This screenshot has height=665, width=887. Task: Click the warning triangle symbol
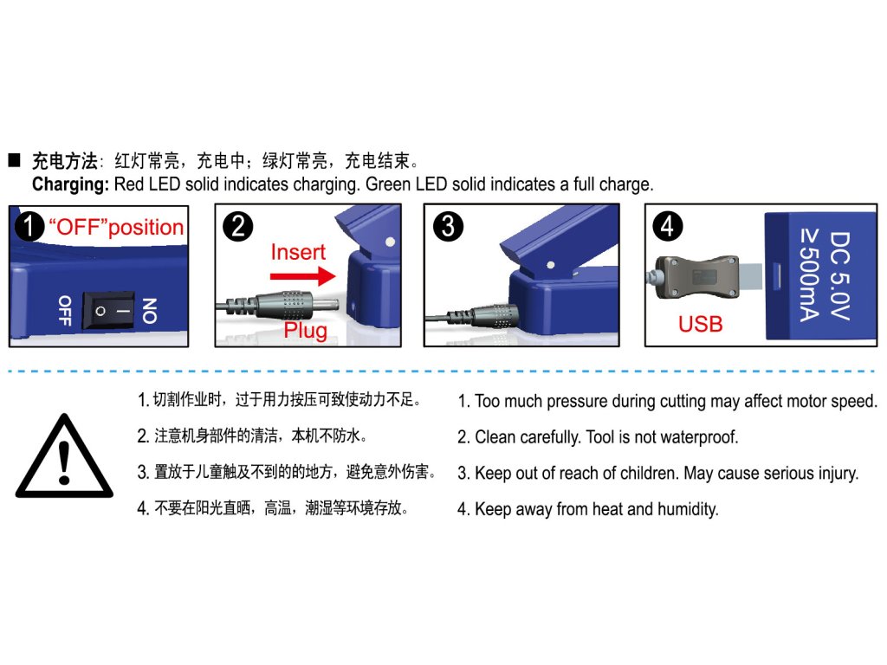coord(63,458)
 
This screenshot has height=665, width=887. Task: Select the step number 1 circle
coord(29,227)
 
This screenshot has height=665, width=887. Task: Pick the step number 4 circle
coord(667,227)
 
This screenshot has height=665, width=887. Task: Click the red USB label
coord(700,324)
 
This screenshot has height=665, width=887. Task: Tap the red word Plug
coord(306,331)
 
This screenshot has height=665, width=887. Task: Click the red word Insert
coord(298,252)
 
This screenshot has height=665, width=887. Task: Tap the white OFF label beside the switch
coord(64,311)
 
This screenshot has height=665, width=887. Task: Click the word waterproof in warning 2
coord(699,437)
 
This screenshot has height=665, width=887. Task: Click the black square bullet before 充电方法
coord(14,161)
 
